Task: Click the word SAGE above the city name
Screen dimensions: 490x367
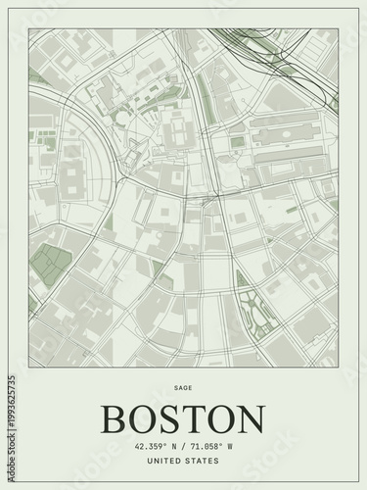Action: (x=183, y=388)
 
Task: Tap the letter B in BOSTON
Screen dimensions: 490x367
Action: (x=115, y=418)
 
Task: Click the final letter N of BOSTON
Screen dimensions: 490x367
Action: (x=251, y=418)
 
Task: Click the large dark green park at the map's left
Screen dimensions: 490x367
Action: (x=51, y=262)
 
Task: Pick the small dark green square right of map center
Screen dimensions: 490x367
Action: (x=238, y=142)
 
